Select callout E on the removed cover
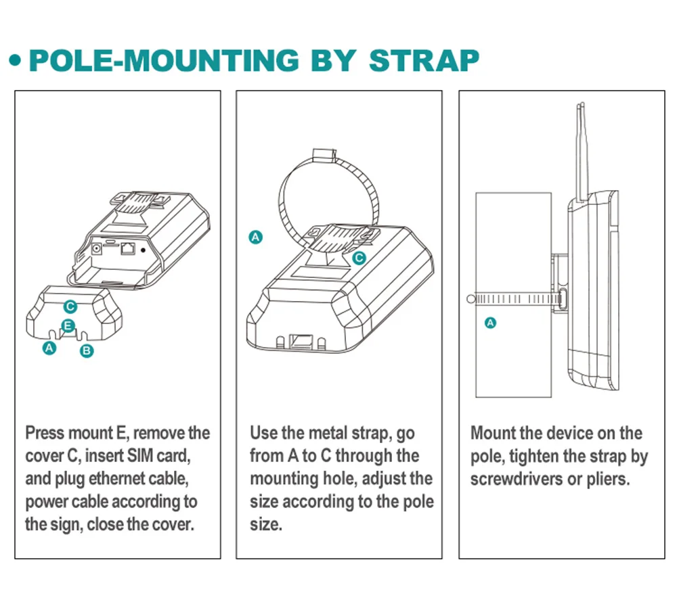68,326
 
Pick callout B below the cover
86,350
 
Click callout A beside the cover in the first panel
48,348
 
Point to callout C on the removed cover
70,306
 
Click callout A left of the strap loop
255,237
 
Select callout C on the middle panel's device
359,257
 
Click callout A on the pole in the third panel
492,323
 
